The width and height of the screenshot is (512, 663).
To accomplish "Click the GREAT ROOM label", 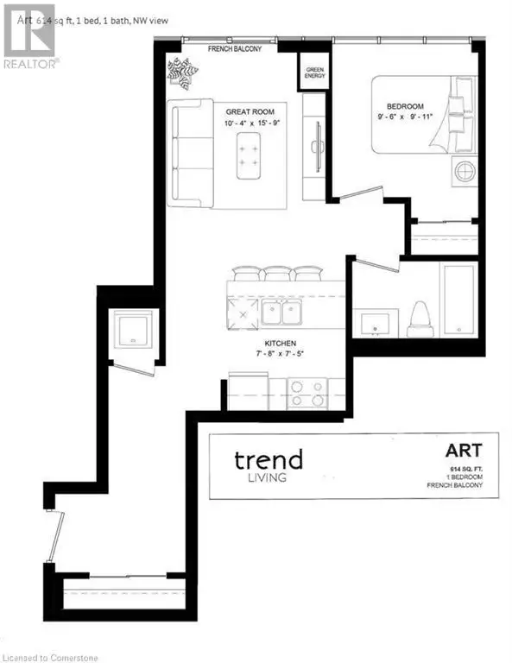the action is point(250,112).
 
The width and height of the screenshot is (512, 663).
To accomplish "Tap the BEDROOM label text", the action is point(405,106).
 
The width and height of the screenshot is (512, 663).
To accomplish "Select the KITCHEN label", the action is point(281,344).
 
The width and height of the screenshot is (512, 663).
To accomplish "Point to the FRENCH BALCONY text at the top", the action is point(235,49).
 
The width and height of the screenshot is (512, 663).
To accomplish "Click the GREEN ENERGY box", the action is point(314,72).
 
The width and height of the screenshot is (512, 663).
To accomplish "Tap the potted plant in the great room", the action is point(182,74).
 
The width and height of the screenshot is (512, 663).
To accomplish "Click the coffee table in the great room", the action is point(248,155).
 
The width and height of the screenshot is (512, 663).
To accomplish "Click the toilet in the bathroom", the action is point(420,319).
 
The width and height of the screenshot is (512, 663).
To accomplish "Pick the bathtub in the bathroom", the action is point(458,300).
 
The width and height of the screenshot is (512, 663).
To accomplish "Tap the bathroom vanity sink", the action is point(375,324).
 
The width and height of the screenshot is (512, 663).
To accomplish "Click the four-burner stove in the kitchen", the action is point(307,394).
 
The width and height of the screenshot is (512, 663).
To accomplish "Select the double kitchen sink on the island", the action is point(281,312).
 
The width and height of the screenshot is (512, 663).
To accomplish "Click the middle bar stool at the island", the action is point(276,274).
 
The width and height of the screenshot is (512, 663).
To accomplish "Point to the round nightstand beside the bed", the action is point(465,172).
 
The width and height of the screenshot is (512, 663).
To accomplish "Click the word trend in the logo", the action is point(269,459).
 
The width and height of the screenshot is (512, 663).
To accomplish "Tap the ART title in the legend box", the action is point(464,451).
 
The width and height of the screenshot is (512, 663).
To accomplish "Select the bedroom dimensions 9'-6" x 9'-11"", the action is point(405,117).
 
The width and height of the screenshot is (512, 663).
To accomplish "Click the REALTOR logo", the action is point(29,37).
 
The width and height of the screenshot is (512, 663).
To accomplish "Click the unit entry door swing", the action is point(56,537).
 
